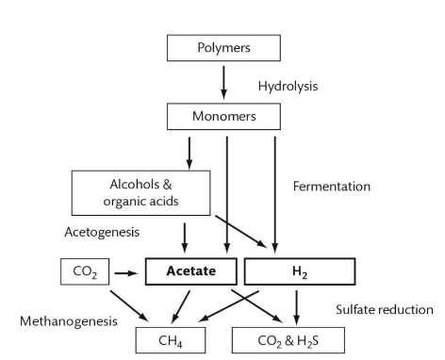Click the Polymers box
[223, 46]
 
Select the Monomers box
[223, 116]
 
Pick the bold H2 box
[299, 270]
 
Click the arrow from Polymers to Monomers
[223, 81]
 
